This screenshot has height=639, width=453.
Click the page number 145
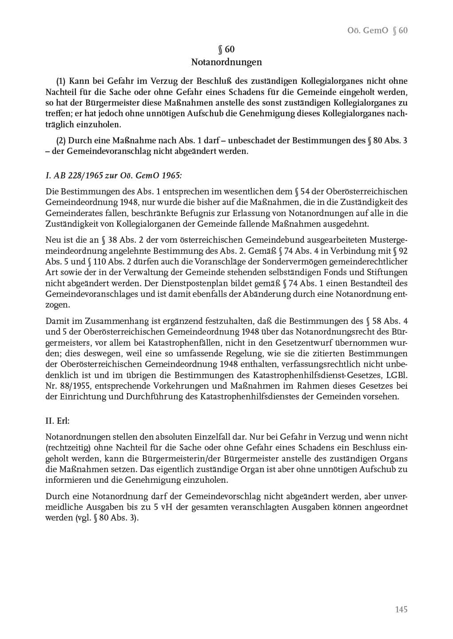[x=401, y=609]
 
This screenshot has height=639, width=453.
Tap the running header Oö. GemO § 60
[x=377, y=30]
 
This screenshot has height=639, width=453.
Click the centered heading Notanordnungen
[x=226, y=62]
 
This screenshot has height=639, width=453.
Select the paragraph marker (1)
[x=61, y=81]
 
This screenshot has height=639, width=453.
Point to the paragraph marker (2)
[x=61, y=141]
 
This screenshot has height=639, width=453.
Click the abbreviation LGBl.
[x=397, y=375]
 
